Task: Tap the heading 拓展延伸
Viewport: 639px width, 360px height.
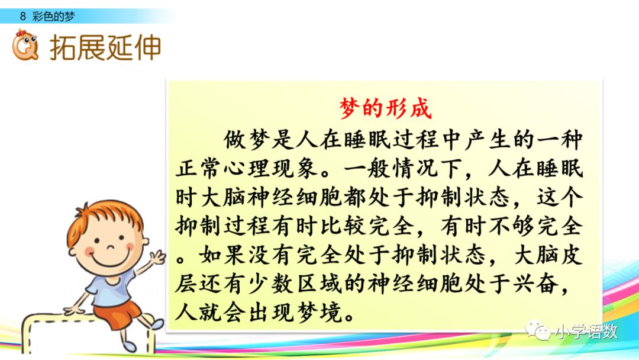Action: pos(105,48)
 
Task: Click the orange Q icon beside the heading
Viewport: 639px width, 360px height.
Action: pos(25,46)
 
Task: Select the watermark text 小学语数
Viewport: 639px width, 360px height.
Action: pos(585,332)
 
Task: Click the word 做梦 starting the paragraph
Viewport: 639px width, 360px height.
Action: pos(241,141)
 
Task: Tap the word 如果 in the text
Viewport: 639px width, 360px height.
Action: pos(218,255)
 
